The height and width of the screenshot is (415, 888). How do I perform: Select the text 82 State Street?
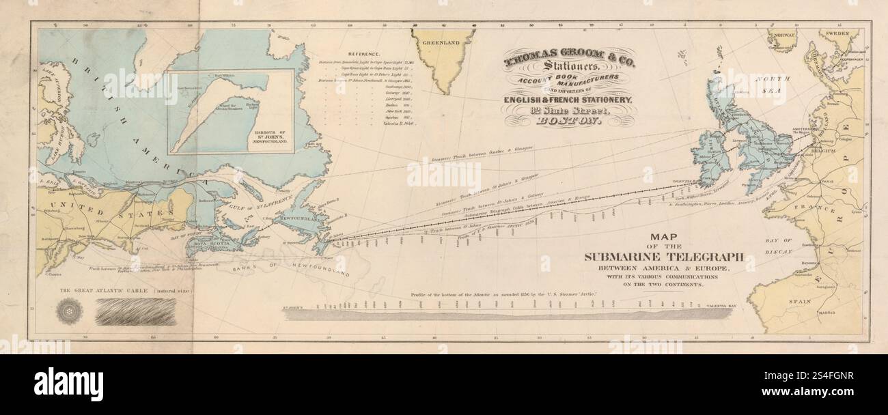(568, 111)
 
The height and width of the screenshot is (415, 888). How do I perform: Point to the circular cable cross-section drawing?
(70, 311)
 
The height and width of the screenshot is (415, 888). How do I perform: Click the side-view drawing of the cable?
(135, 313)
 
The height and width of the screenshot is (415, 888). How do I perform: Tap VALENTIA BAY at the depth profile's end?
(724, 308)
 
